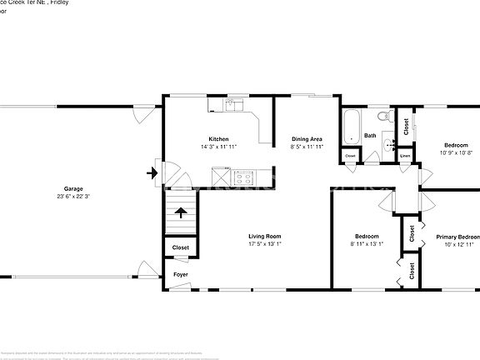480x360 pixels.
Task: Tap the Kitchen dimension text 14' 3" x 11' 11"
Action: click(x=218, y=147)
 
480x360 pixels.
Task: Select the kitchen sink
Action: click(x=232, y=106)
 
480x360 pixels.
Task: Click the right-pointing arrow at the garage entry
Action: click(x=151, y=173)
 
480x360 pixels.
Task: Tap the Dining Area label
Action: click(x=307, y=138)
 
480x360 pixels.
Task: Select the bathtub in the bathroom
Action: click(x=350, y=126)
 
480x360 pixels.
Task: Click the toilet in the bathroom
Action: click(x=386, y=119)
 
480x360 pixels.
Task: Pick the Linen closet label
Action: click(x=405, y=156)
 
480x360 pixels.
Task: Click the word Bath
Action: click(x=370, y=135)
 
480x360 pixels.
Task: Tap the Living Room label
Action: click(x=264, y=236)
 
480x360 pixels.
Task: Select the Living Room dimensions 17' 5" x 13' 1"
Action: click(x=264, y=244)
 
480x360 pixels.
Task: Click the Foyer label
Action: click(x=180, y=274)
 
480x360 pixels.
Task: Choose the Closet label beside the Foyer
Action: click(x=180, y=247)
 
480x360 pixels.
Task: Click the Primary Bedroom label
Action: click(x=457, y=237)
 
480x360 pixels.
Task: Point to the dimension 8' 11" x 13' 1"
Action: click(x=367, y=244)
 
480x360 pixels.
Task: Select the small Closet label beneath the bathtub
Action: click(x=350, y=156)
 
